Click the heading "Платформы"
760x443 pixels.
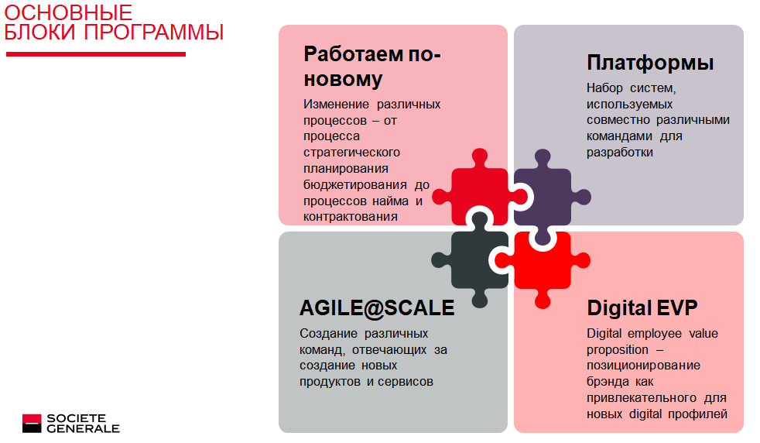(650, 63)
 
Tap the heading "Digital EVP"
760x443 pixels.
(642, 307)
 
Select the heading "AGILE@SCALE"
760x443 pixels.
(377, 308)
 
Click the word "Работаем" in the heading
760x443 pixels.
(353, 54)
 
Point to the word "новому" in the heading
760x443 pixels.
(343, 80)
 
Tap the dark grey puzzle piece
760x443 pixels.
(475, 259)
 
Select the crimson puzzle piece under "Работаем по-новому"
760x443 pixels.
(480, 191)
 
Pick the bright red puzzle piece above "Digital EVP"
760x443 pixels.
(543, 264)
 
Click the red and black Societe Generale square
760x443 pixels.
(32, 423)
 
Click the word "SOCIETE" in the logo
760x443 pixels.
(76, 418)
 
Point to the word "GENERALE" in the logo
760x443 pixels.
(83, 429)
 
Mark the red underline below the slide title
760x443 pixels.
(96, 54)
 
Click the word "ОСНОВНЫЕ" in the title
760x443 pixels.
(68, 12)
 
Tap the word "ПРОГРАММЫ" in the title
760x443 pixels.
(154, 32)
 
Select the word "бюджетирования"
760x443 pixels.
(355, 185)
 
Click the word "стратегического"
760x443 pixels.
(352, 153)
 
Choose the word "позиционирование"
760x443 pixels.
(644, 366)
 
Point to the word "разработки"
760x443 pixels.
(620, 153)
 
